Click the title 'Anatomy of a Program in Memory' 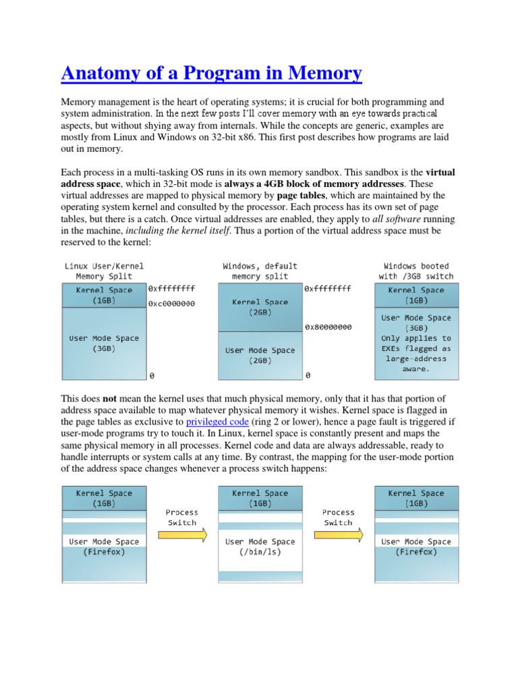pyautogui.click(x=211, y=72)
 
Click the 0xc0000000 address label pyautogui.click(x=171, y=304)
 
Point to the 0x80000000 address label pyautogui.click(x=328, y=327)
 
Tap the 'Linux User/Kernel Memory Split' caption pyautogui.click(x=104, y=271)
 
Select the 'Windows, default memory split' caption pyautogui.click(x=260, y=271)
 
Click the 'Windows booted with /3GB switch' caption pyautogui.click(x=416, y=271)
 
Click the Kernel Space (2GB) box pyautogui.click(x=260, y=308)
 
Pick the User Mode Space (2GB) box pyautogui.click(x=260, y=355)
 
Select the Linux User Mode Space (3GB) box pyautogui.click(x=104, y=343)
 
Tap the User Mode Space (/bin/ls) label pyautogui.click(x=260, y=547)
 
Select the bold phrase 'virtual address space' pyautogui.click(x=88, y=184)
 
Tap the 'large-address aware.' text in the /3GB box pyautogui.click(x=416, y=364)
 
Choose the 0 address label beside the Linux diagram pyautogui.click(x=152, y=375)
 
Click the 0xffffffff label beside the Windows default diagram pyautogui.click(x=328, y=288)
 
